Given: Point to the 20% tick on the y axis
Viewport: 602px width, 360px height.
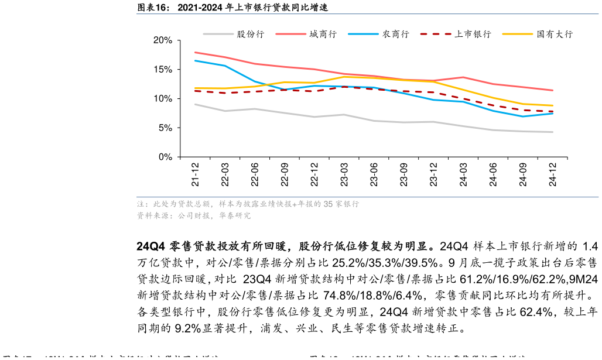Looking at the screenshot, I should click(x=162, y=40).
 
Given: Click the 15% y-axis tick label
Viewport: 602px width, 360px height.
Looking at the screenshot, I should click(x=162, y=70).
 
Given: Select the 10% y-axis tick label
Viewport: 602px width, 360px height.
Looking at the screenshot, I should click(x=162, y=99).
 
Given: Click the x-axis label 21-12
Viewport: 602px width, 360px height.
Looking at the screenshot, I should click(x=195, y=174).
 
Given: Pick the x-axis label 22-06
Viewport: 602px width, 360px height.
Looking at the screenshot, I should click(x=255, y=174).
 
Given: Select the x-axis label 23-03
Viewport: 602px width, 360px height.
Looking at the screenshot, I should click(x=344, y=174).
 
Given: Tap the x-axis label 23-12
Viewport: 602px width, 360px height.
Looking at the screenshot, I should click(x=433, y=174).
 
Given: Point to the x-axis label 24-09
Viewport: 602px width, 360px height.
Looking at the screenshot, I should click(x=523, y=174).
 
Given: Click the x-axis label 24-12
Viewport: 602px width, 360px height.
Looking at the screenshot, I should click(x=553, y=174).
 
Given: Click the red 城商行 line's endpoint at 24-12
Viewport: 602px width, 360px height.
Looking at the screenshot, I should click(x=553, y=90).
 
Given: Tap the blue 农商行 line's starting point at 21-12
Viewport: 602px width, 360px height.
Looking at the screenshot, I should click(x=195, y=60).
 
